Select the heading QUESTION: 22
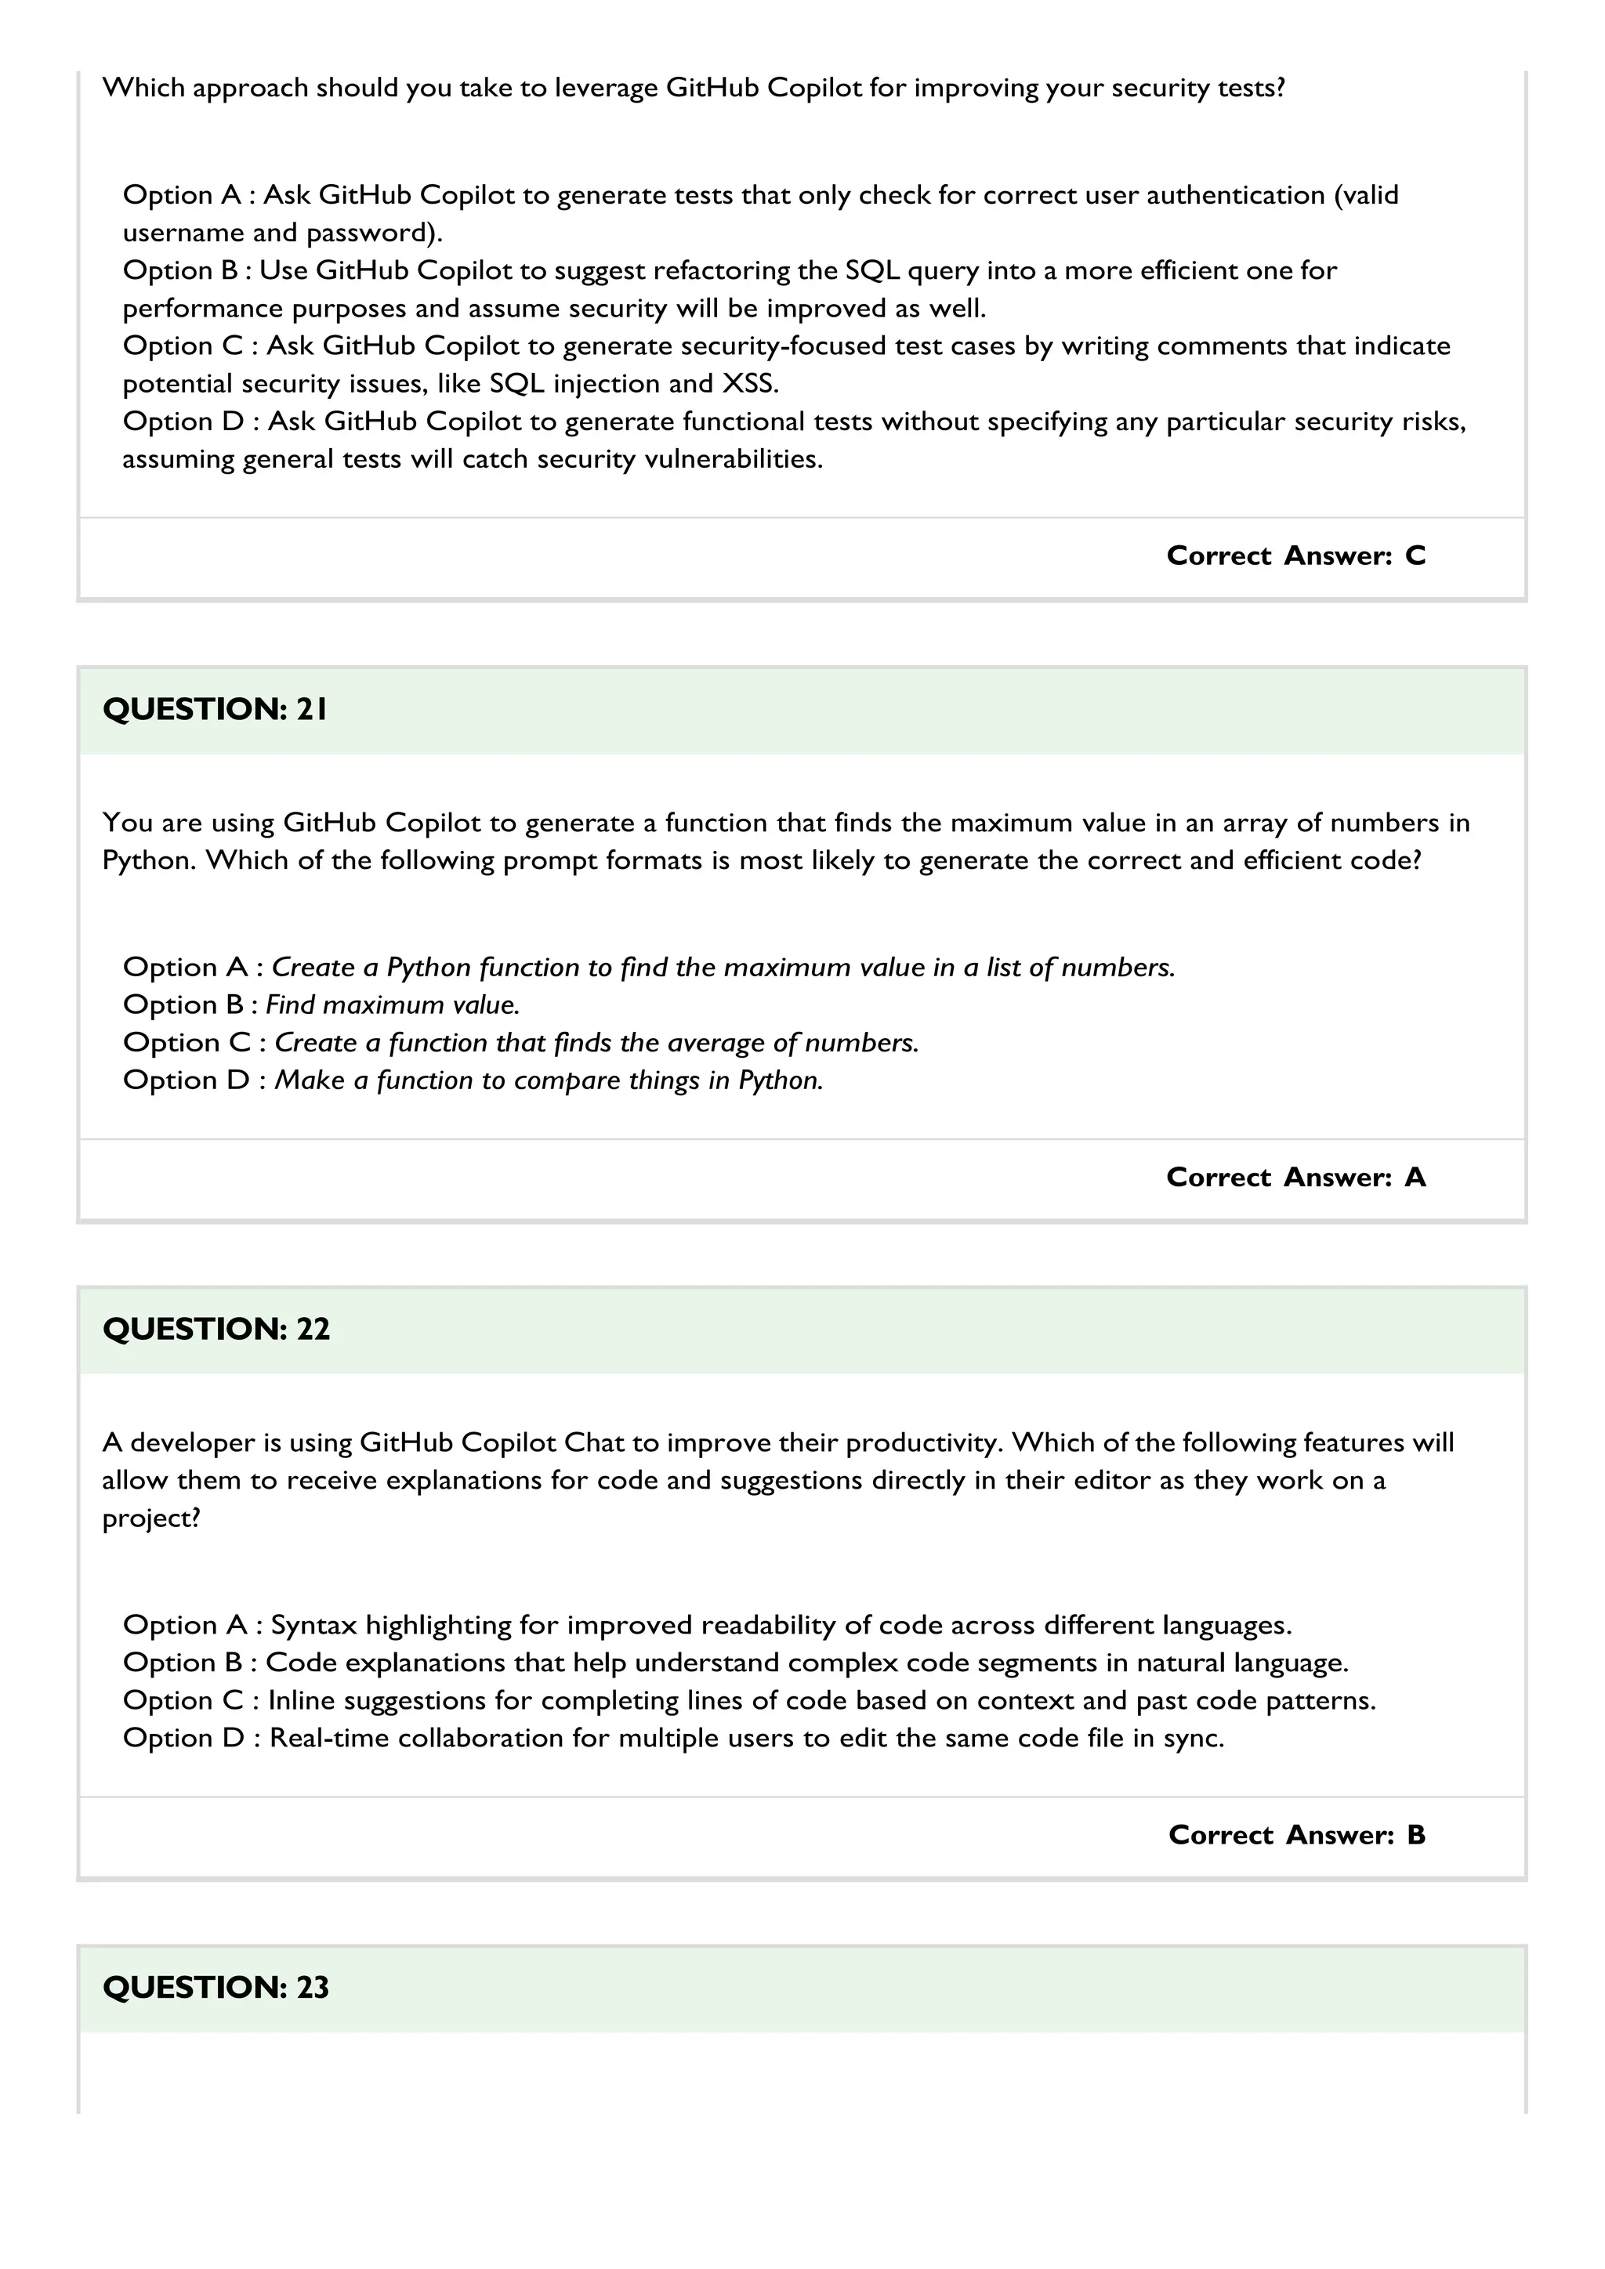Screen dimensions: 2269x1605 tap(216, 1328)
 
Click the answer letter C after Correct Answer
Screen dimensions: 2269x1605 tap(1415, 555)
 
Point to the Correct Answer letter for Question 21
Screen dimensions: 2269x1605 tap(1415, 1177)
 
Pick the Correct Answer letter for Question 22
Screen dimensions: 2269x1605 tap(1415, 1834)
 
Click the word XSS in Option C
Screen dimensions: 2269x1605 tap(749, 383)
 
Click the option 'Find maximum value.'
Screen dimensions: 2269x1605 tap(393, 1005)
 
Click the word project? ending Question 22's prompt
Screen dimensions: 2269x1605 tap(151, 1518)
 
